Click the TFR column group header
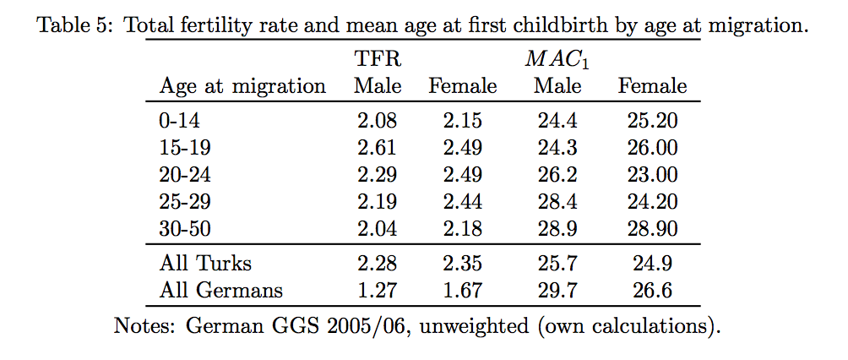pyautogui.click(x=378, y=58)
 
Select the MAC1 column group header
pyautogui.click(x=557, y=59)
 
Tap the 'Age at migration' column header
pyautogui.click(x=242, y=86)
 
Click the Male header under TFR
pyautogui.click(x=378, y=85)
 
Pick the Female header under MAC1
pyautogui.click(x=652, y=85)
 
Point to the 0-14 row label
pyautogui.click(x=179, y=120)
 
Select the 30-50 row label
pyautogui.click(x=184, y=228)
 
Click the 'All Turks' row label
pyautogui.click(x=205, y=263)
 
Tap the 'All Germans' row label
pyautogui.click(x=220, y=290)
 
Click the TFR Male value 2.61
pyautogui.click(x=377, y=147)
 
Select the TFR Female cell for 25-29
pyautogui.click(x=462, y=201)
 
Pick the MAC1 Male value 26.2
pyautogui.click(x=557, y=174)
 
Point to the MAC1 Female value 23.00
pyautogui.click(x=652, y=174)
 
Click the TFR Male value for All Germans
pyautogui.click(x=377, y=290)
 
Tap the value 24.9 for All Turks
pyautogui.click(x=652, y=263)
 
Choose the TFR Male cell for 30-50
pyautogui.click(x=377, y=228)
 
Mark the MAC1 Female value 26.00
pyautogui.click(x=652, y=147)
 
